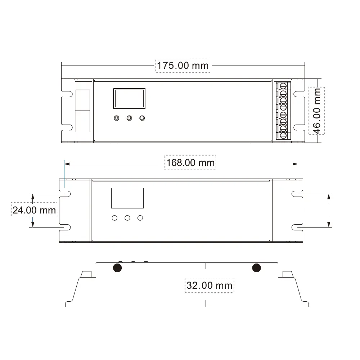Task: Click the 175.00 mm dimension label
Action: [183, 66]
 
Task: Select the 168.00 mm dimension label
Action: [190, 163]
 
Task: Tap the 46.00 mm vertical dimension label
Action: [316, 111]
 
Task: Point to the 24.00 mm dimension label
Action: [34, 210]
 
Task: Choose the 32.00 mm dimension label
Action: [210, 285]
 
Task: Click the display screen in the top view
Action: [129, 98]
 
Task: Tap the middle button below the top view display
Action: [130, 118]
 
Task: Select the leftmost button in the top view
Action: [117, 118]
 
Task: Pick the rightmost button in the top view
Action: [142, 118]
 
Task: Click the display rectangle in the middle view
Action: [127, 198]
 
